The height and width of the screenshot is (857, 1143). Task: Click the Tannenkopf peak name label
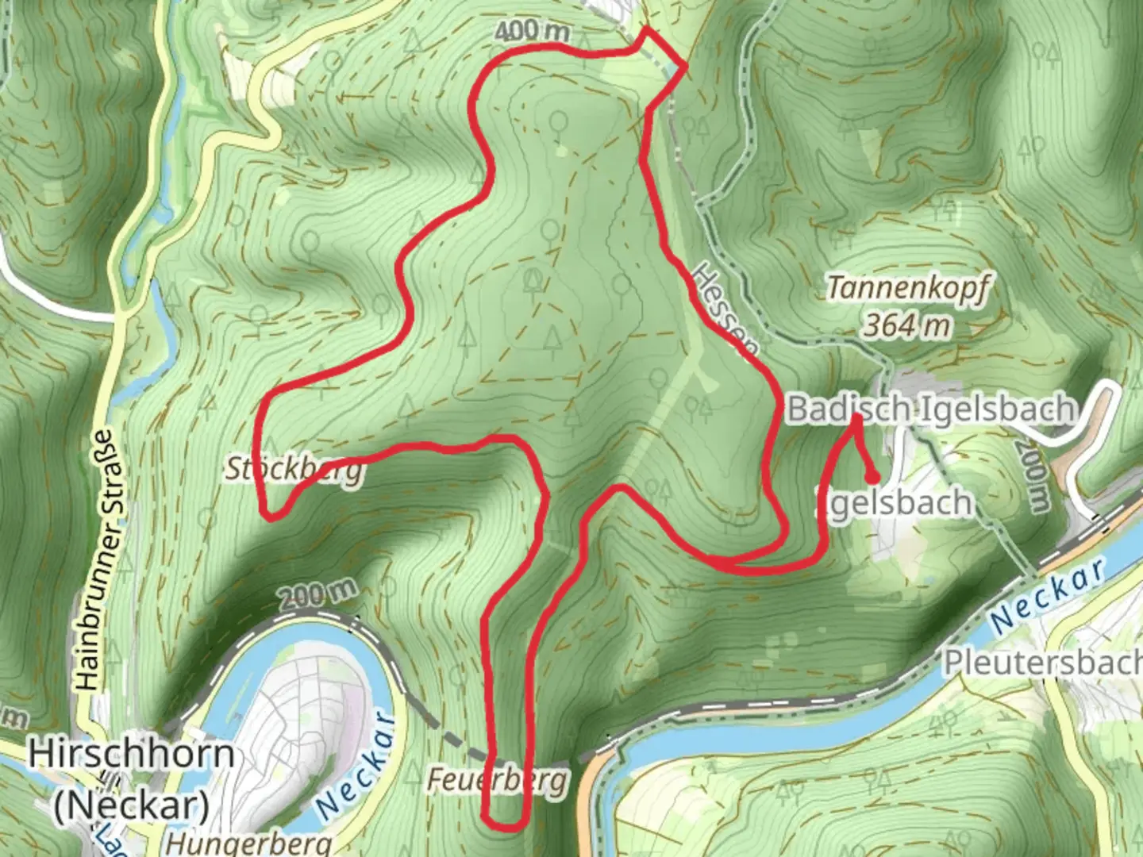coord(907,288)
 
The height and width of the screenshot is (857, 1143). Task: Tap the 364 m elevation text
coord(907,325)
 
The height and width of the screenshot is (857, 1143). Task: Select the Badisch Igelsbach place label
coord(930,409)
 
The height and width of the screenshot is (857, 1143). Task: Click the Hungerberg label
coord(250,843)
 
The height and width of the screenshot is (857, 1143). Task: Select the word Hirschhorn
coord(132,754)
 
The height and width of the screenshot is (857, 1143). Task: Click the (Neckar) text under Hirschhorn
coord(132,805)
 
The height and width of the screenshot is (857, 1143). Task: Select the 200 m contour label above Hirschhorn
coord(317,593)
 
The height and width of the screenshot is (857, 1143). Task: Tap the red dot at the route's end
coord(872,478)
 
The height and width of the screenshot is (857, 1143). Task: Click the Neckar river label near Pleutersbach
coord(1049,595)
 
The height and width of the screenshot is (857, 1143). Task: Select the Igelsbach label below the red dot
coord(895,503)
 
